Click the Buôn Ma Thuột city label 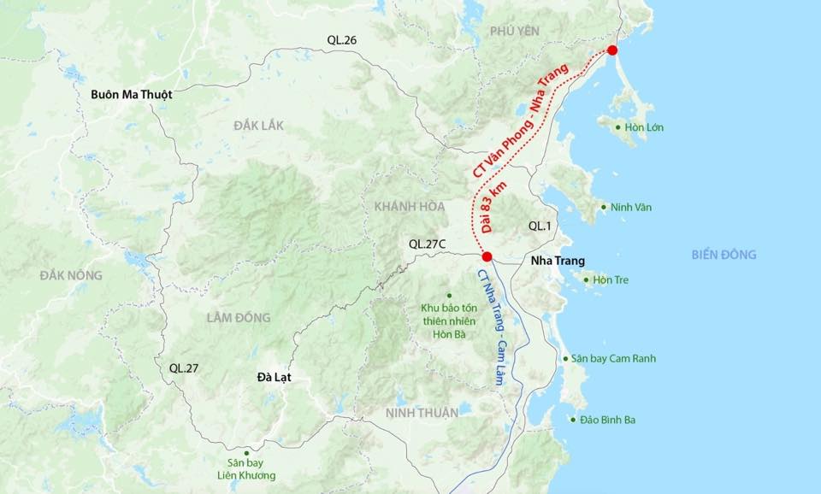[132, 95]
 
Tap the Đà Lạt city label [275, 376]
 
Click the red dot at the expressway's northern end [612, 50]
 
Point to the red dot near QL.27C [487, 256]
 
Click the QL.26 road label [341, 40]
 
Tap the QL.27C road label [428, 244]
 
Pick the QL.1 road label [540, 226]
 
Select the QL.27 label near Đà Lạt [184, 368]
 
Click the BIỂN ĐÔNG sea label [724, 255]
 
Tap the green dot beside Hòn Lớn [619, 127]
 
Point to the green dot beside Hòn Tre [587, 279]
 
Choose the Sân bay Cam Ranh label [613, 358]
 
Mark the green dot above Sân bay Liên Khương [246, 452]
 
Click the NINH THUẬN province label [422, 413]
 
